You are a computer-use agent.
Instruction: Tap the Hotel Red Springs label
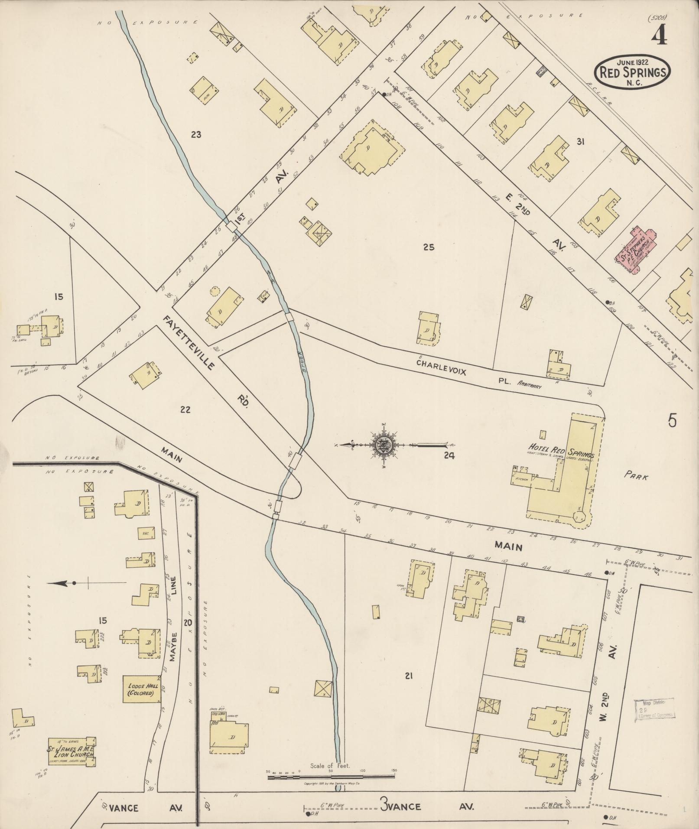(559, 448)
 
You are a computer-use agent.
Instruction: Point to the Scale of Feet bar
(331, 777)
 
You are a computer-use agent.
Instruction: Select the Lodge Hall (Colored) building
(141, 690)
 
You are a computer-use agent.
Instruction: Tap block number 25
(429, 247)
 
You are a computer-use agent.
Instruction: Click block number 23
(196, 134)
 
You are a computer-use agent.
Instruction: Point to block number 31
(581, 141)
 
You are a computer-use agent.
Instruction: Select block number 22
(185, 410)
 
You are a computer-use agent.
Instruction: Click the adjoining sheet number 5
(672, 420)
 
